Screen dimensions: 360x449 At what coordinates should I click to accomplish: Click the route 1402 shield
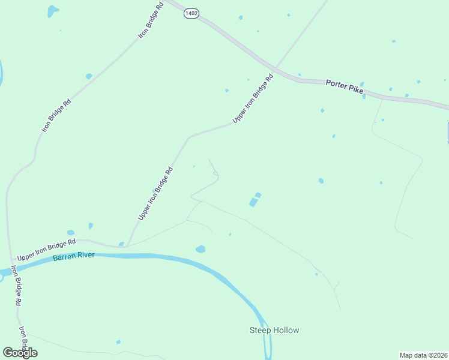191,13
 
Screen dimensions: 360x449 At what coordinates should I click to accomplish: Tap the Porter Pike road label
345,86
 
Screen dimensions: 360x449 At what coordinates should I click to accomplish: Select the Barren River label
75,258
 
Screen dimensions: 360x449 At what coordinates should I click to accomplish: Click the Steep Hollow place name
274,330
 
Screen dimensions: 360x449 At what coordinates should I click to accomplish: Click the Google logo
20,352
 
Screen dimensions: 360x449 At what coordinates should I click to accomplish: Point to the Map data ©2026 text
423,355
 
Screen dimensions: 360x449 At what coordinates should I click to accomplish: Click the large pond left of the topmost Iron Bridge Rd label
53,10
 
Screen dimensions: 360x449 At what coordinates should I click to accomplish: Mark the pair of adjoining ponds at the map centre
255,200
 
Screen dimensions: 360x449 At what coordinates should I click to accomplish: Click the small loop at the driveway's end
215,175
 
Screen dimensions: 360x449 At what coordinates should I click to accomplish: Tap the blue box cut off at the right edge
447,133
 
